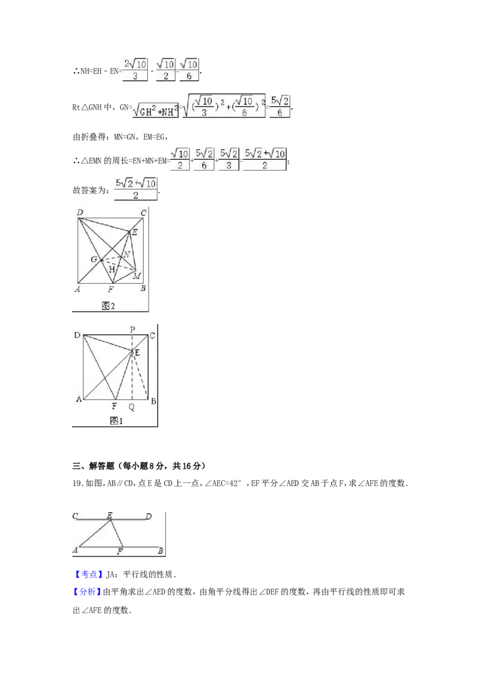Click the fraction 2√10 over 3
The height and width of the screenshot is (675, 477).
(x=134, y=69)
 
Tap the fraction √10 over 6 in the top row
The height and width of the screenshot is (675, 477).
(x=188, y=69)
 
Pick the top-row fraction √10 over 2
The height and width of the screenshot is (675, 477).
(x=164, y=69)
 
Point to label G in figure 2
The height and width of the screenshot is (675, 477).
(x=94, y=259)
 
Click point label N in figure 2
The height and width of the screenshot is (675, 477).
(x=126, y=255)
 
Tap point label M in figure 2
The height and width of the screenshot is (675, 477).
(x=137, y=276)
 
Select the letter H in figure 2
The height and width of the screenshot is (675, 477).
(x=111, y=270)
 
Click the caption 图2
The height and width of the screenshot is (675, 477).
(x=108, y=306)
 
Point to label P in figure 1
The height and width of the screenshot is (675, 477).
(x=132, y=329)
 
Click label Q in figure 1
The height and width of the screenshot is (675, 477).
(x=132, y=407)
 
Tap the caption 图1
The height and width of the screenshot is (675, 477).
(x=116, y=421)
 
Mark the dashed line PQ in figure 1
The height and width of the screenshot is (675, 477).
(x=132, y=376)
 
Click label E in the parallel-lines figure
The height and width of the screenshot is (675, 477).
(x=110, y=516)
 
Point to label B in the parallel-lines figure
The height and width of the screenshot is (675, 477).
(x=160, y=551)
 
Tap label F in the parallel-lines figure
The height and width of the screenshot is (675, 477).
(x=120, y=552)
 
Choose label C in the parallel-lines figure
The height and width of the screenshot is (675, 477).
(x=75, y=516)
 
